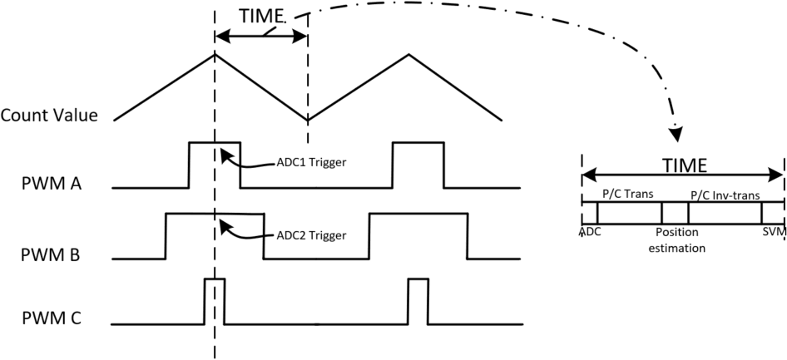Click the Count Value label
tap(50, 115)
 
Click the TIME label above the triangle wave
tap(262, 16)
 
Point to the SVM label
tap(774, 232)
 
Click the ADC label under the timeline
tap(590, 232)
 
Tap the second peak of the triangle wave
tap(408, 55)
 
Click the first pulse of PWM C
tap(214, 301)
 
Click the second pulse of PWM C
tap(418, 301)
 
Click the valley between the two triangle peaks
tap(308, 119)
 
